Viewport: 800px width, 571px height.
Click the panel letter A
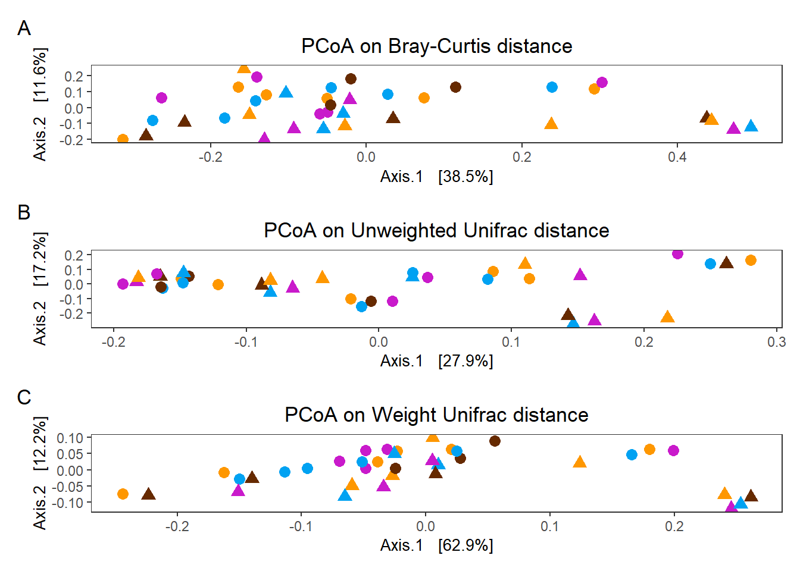click(x=24, y=28)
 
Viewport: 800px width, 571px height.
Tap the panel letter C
click(x=24, y=397)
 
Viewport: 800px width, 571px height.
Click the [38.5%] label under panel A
click(x=465, y=177)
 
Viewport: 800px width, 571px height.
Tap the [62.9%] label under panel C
click(x=465, y=545)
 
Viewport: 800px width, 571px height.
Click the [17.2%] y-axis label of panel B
click(x=39, y=259)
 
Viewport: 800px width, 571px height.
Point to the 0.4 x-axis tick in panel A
click(x=677, y=157)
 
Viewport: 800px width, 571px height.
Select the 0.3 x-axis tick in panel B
click(x=776, y=342)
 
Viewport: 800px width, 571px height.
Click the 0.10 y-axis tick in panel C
click(x=70, y=438)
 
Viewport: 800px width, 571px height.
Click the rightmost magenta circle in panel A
click(x=602, y=82)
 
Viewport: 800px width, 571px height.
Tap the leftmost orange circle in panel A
click(x=123, y=139)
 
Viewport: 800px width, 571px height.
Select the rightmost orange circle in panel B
click(x=751, y=260)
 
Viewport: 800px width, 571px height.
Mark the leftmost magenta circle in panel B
click(x=123, y=284)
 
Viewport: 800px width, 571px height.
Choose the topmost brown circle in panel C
click(x=495, y=441)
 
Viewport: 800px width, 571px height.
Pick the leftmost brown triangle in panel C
click(x=148, y=494)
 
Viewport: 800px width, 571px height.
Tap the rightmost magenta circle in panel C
click(x=673, y=450)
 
